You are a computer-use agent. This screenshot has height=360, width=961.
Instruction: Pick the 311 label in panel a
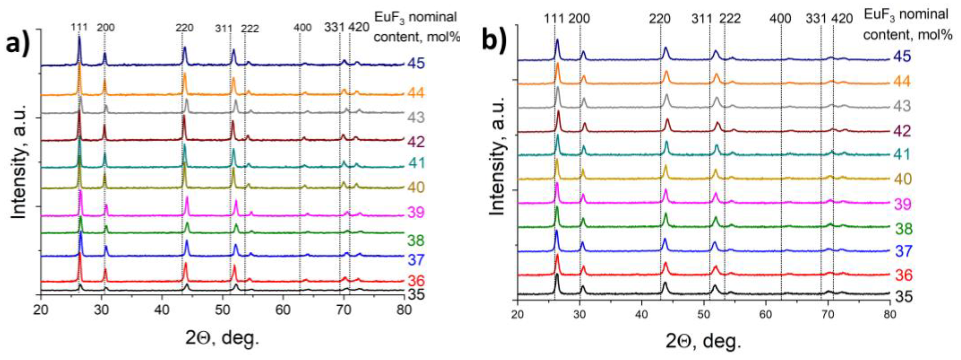[x=224, y=28]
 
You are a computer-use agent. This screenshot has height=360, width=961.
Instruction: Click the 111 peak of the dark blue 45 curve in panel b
[x=557, y=40]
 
